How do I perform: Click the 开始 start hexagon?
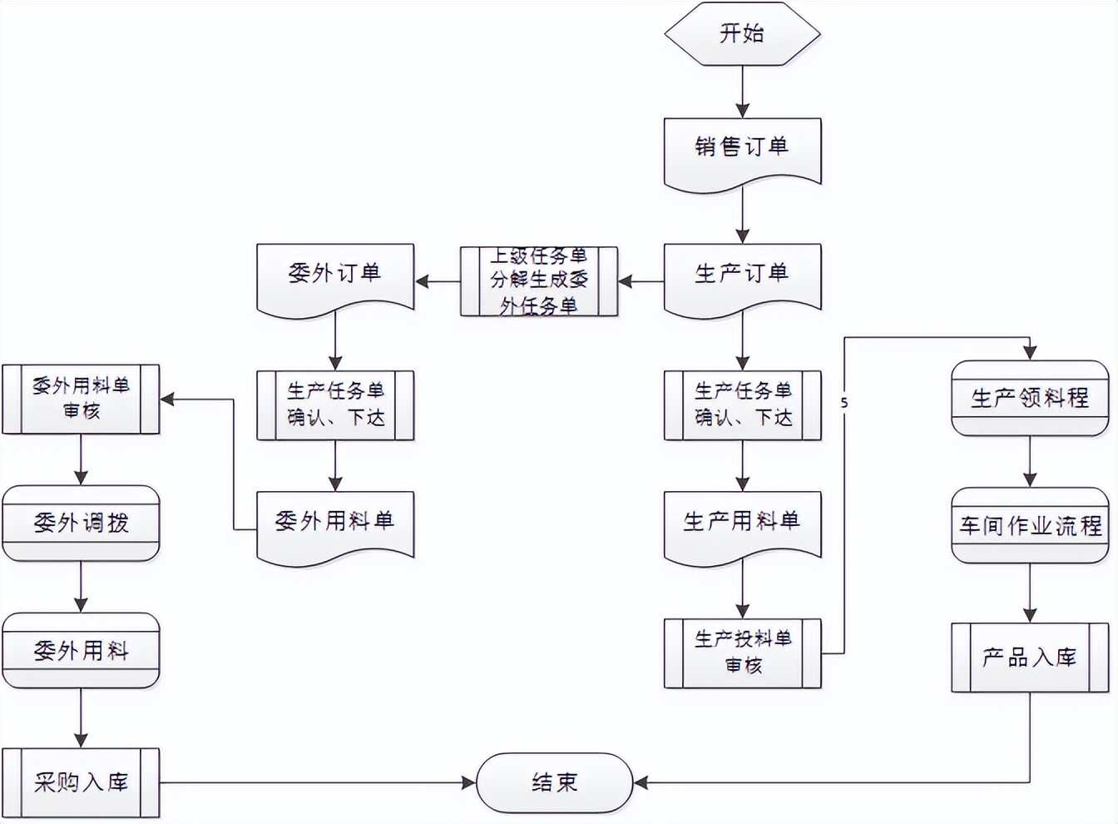742,33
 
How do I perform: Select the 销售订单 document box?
742,148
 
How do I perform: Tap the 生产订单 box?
742,275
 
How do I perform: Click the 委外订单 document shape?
335,275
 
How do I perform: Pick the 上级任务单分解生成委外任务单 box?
539,281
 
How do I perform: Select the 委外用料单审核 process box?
81,399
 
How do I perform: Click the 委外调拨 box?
81,524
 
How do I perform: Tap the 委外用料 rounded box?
81,651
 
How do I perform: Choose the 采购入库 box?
81,782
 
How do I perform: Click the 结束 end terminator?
555,782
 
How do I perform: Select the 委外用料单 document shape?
335,523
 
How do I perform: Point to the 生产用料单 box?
742,523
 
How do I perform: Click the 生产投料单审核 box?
742,653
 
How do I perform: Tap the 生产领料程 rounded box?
1030,398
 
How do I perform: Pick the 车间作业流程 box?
1030,526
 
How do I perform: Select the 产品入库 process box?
1030,658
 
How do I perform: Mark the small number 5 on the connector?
844,404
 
